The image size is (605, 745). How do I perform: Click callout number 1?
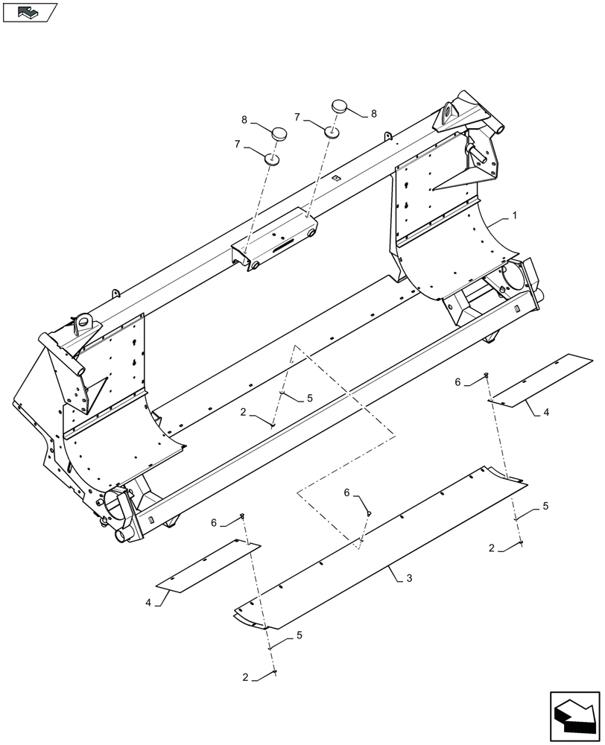[513, 216]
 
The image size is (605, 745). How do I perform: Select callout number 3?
[409, 578]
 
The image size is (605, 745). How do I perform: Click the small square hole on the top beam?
[337, 177]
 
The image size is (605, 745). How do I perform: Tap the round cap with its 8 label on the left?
[279, 134]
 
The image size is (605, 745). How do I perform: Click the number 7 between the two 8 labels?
[297, 117]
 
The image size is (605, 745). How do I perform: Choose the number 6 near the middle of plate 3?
[347, 493]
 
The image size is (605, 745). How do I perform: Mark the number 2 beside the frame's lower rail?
[244, 411]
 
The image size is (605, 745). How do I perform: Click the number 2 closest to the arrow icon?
[491, 548]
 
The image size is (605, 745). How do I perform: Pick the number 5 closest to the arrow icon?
[545, 506]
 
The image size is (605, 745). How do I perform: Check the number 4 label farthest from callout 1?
[148, 602]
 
